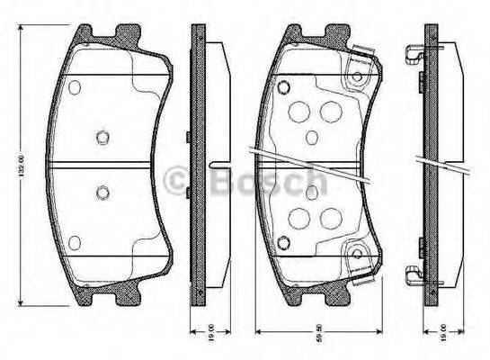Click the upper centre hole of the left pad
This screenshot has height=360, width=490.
click(x=102, y=138)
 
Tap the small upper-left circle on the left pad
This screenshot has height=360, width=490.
click(x=75, y=87)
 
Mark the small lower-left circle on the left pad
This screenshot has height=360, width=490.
click(x=75, y=240)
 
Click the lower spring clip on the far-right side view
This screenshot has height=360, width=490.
click(x=414, y=272)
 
